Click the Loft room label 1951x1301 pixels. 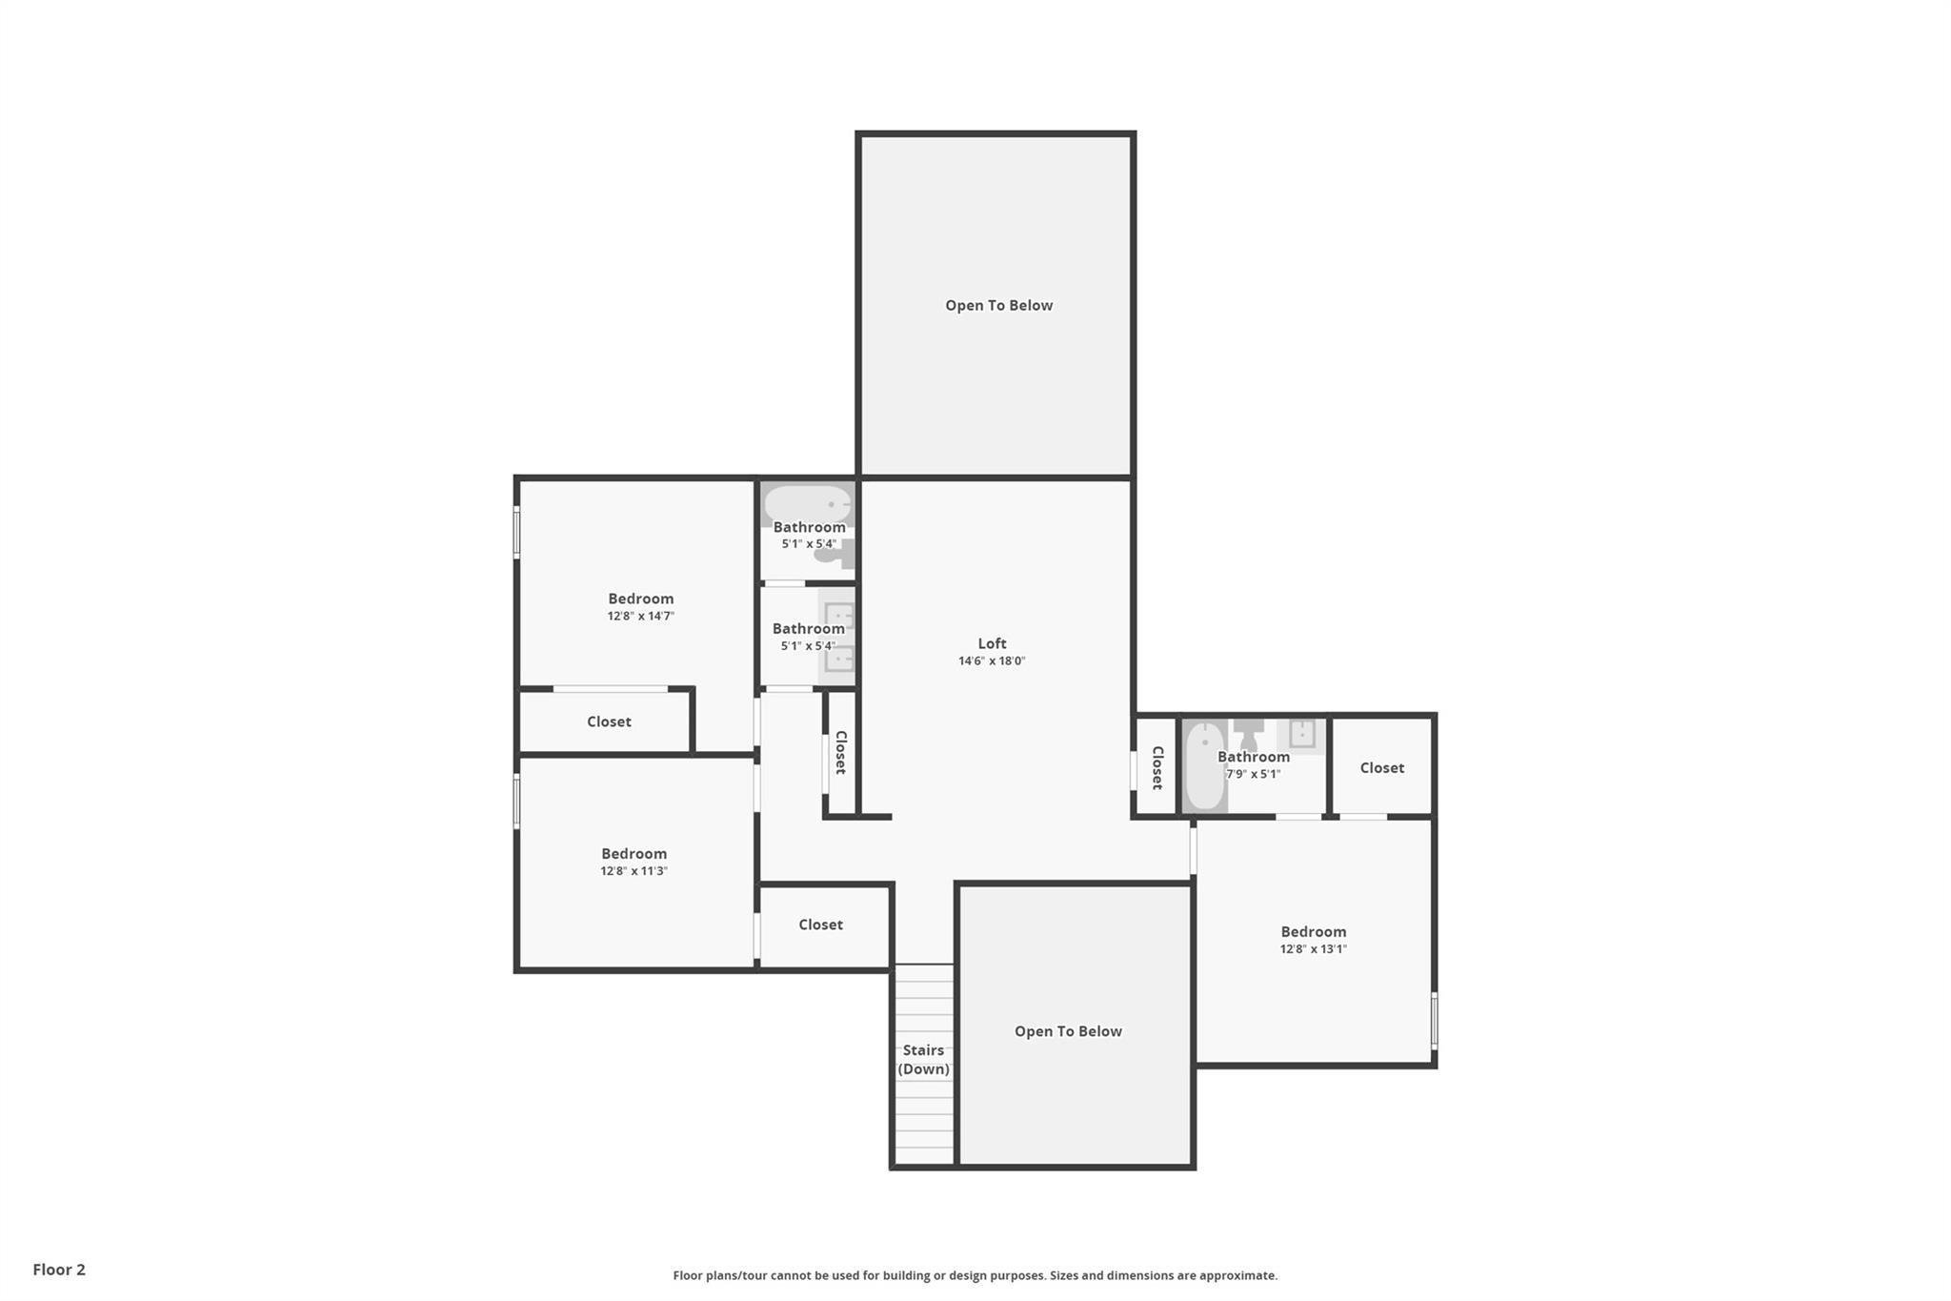992,643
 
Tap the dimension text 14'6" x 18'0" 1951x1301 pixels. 992,661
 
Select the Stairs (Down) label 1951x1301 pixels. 923,1060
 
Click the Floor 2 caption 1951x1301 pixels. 59,1270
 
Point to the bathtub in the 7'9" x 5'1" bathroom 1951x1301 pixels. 1205,767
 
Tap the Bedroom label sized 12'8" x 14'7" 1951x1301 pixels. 640,599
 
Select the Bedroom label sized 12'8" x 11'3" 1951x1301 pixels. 634,854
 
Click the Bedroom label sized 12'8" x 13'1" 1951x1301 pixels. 1313,932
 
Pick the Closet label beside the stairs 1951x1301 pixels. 820,925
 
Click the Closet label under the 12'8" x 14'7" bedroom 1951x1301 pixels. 609,722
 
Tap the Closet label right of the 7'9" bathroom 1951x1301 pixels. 1381,767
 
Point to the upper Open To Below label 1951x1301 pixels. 998,306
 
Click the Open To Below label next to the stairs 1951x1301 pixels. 1068,1031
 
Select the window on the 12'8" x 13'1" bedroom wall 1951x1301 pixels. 1434,1020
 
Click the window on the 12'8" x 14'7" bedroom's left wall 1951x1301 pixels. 517,532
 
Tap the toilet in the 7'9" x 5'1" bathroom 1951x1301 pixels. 1248,734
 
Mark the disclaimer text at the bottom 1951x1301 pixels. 975,1275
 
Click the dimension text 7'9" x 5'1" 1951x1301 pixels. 1253,774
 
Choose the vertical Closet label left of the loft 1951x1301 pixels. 840,752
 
